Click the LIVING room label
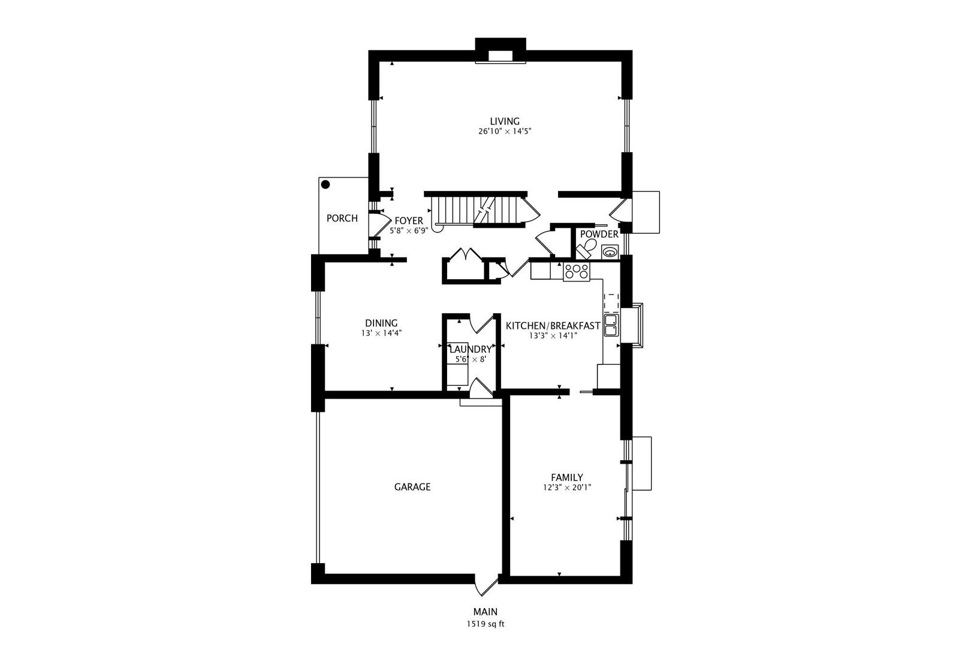click(504, 121)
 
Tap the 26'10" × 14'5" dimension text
click(504, 132)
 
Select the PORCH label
click(342, 218)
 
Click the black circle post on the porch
click(325, 185)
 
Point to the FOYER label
click(408, 220)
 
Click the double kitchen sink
click(611, 325)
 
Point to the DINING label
click(381, 323)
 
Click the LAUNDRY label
click(470, 349)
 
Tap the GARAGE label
click(412, 487)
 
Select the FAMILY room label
click(566, 477)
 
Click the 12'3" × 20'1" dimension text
click(566, 488)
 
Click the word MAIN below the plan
click(485, 612)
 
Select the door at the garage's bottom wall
click(486, 584)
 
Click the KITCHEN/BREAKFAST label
click(553, 326)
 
